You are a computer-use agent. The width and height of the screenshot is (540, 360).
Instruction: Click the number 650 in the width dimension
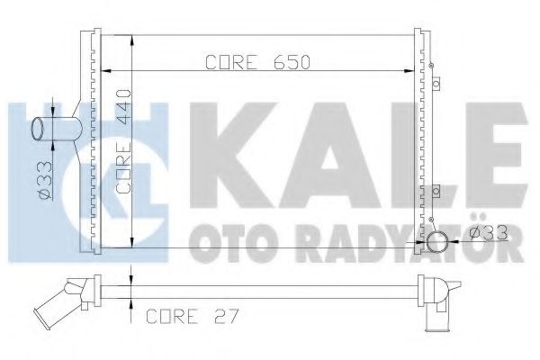292,62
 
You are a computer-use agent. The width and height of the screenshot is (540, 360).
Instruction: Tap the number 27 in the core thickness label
226,316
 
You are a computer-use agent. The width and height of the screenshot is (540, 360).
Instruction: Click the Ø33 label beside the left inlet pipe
45,180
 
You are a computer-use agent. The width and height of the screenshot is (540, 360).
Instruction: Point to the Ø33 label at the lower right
489,233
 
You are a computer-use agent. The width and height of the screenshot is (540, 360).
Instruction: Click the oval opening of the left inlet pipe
38,129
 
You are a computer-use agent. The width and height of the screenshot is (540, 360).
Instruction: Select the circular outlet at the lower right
437,242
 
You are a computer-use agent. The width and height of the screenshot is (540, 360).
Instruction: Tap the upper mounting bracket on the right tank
436,84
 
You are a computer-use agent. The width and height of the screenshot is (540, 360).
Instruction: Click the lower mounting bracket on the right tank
436,191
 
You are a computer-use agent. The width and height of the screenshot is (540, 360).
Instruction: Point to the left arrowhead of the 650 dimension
105,71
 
